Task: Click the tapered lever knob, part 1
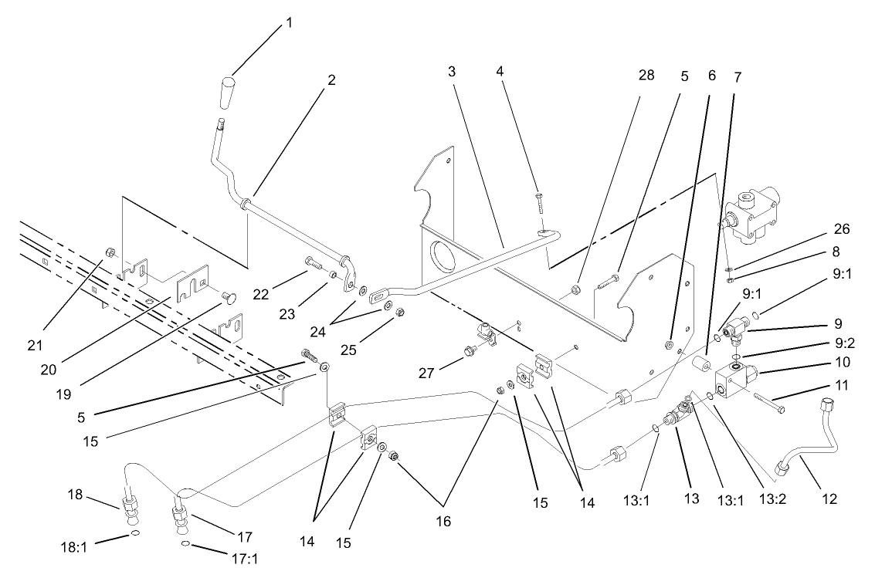click(226, 93)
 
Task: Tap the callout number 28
click(646, 75)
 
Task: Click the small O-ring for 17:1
click(186, 545)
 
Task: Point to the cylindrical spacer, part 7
click(702, 363)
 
